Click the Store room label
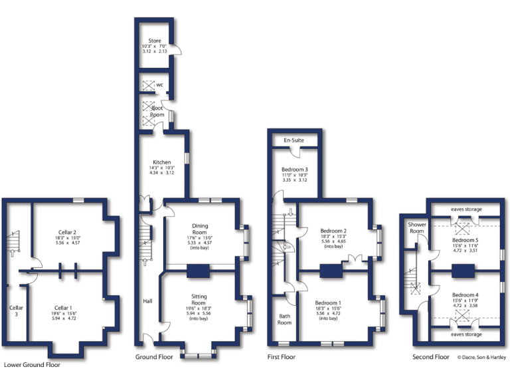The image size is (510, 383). (x=154, y=40)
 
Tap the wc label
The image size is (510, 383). (x=160, y=84)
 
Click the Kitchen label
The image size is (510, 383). (x=162, y=162)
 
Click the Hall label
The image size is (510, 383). (x=147, y=301)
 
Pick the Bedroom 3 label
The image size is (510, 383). (x=295, y=169)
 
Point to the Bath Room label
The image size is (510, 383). (x=284, y=319)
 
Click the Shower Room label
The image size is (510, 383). (x=417, y=227)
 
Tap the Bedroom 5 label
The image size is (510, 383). (x=465, y=240)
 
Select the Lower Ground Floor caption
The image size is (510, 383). (x=32, y=364)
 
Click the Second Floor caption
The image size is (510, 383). (x=430, y=357)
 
